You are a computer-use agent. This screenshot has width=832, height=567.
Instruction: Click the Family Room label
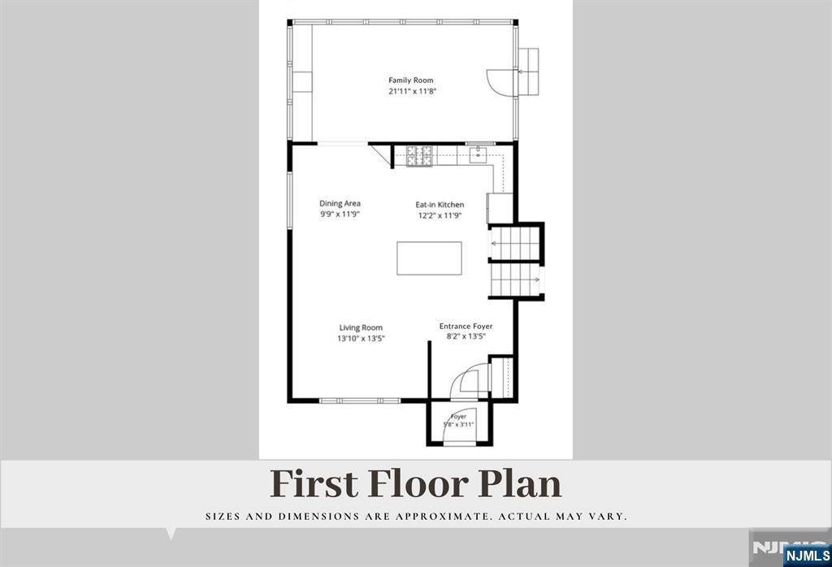point(410,80)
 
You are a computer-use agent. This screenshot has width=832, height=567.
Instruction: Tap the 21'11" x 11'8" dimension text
point(412,91)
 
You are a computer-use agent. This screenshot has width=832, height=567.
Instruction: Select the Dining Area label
point(340,203)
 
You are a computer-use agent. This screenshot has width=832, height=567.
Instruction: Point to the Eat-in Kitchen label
point(440,205)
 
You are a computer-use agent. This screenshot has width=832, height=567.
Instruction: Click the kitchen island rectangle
point(429,258)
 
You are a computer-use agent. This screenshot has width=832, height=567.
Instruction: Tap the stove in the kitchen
point(419,156)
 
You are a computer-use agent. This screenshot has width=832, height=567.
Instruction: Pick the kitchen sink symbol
point(478,155)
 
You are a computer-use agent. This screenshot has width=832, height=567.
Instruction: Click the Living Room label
point(361,328)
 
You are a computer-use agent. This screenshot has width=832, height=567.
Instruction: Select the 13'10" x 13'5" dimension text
point(361,339)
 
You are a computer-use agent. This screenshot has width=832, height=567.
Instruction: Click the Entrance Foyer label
point(466,327)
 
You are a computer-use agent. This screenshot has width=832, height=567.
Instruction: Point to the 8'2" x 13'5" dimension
point(466,336)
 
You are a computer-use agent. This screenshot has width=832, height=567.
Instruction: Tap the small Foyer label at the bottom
point(458,417)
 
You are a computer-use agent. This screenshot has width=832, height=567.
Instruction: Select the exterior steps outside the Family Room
point(528,71)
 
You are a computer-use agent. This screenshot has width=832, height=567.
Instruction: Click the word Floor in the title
point(418,483)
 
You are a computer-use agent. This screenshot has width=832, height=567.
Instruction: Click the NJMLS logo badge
point(807,556)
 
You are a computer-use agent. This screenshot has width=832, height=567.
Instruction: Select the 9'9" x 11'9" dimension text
point(340,214)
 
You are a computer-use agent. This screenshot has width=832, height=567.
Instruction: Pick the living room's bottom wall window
point(360,400)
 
